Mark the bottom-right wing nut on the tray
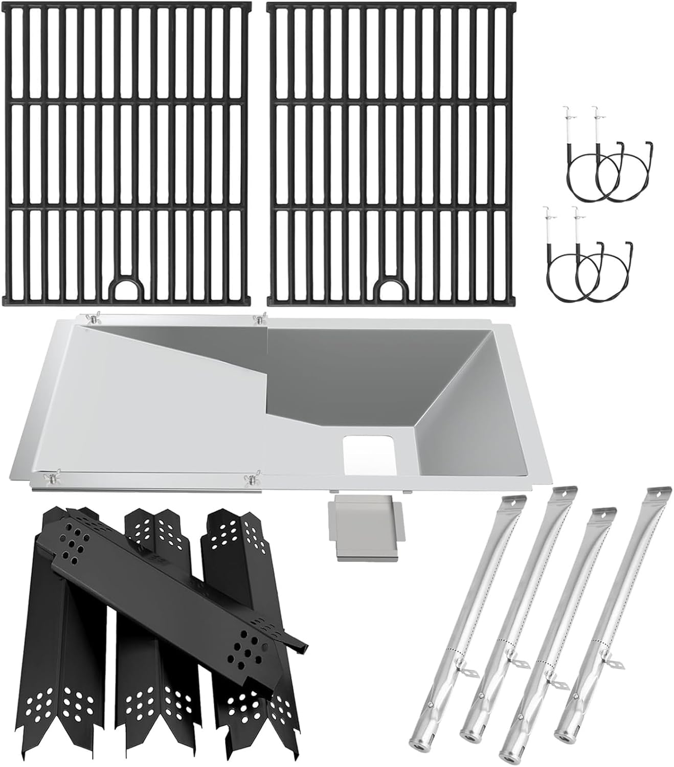(251, 479)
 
